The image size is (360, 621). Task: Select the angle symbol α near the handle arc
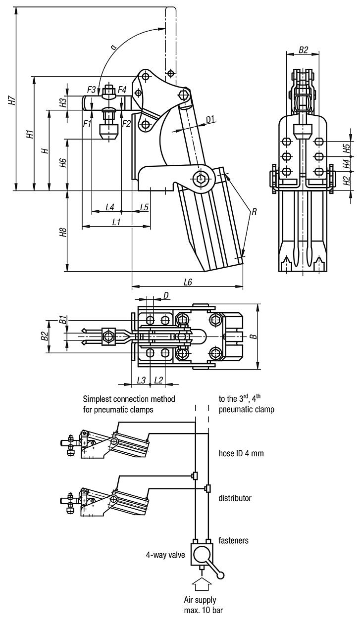click(x=113, y=47)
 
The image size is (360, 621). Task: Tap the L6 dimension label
click(x=188, y=282)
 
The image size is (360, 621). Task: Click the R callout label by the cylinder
click(x=254, y=212)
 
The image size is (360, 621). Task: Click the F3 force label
click(x=91, y=90)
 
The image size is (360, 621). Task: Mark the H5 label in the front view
click(x=347, y=147)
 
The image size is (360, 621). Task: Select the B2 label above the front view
click(x=304, y=50)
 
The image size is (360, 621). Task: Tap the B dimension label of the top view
click(x=253, y=337)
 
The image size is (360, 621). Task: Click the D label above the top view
click(x=166, y=295)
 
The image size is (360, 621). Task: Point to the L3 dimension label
click(x=141, y=380)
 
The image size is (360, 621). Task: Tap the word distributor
click(x=235, y=498)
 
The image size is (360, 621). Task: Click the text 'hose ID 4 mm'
click(x=241, y=452)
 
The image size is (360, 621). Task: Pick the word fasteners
click(x=233, y=541)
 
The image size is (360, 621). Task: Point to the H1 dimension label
click(x=29, y=134)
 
